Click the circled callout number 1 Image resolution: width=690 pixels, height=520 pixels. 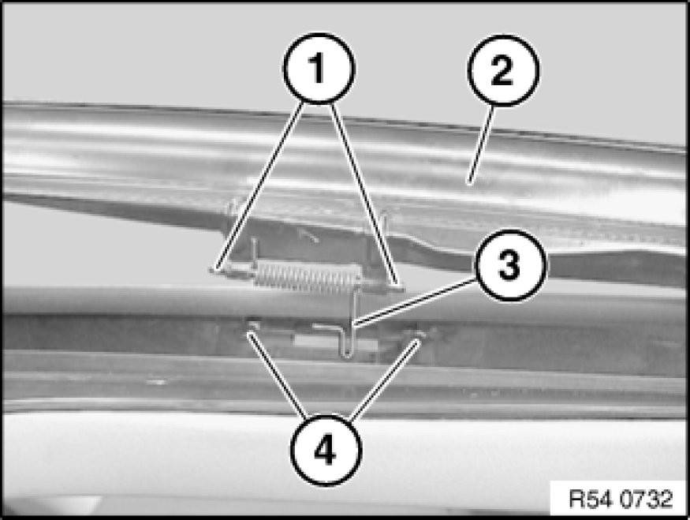(x=318, y=68)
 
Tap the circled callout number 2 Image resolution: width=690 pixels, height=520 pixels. (x=503, y=70)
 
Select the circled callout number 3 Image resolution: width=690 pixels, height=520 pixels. (x=509, y=265)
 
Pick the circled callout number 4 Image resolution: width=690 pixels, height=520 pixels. (x=326, y=450)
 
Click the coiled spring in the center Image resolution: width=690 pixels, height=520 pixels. (x=308, y=278)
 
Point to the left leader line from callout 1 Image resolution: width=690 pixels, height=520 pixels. (x=259, y=185)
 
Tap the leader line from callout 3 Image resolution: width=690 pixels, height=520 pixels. (x=416, y=302)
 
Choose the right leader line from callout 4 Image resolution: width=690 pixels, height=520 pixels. (x=384, y=380)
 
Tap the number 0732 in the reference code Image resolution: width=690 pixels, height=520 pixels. (x=647, y=499)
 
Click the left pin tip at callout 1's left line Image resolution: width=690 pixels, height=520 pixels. (x=214, y=268)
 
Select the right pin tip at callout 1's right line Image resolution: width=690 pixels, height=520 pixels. (x=397, y=288)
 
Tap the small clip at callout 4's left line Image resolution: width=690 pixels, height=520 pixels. (x=252, y=325)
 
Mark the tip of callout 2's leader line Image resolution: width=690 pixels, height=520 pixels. (x=469, y=183)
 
